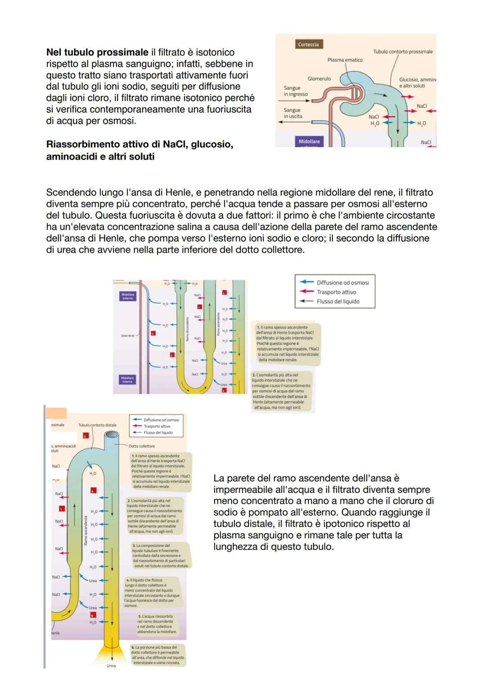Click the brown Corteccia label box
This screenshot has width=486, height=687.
pyautogui.click(x=308, y=45)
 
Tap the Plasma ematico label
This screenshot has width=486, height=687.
pyautogui.click(x=345, y=60)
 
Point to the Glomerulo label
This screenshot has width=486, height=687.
pyautogui.click(x=319, y=79)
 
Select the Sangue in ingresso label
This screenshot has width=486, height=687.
pyautogui.click(x=296, y=91)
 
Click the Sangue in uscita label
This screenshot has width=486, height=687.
pyautogui.click(x=293, y=113)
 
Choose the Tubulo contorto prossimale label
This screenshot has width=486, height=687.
pyautogui.click(x=403, y=52)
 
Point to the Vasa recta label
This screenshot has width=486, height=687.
pyautogui.click(x=128, y=336)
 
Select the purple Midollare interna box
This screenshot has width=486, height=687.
pyautogui.click(x=127, y=380)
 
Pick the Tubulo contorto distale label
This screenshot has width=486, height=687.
pyautogui.click(x=97, y=425)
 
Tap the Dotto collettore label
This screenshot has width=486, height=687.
pyautogui.click(x=142, y=446)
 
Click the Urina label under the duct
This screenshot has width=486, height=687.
pyautogui.click(x=111, y=666)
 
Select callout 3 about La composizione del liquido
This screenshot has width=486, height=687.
pyautogui.click(x=161, y=556)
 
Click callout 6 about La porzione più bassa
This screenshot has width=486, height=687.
pyautogui.click(x=157, y=655)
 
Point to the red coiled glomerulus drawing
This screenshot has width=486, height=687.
pyautogui.click(x=355, y=94)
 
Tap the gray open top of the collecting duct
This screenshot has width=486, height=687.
pyautogui.click(x=112, y=435)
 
